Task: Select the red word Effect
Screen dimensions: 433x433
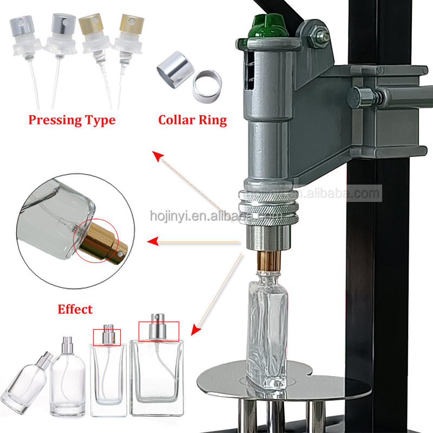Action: click(x=75, y=310)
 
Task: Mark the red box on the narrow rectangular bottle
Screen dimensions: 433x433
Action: click(x=107, y=336)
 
